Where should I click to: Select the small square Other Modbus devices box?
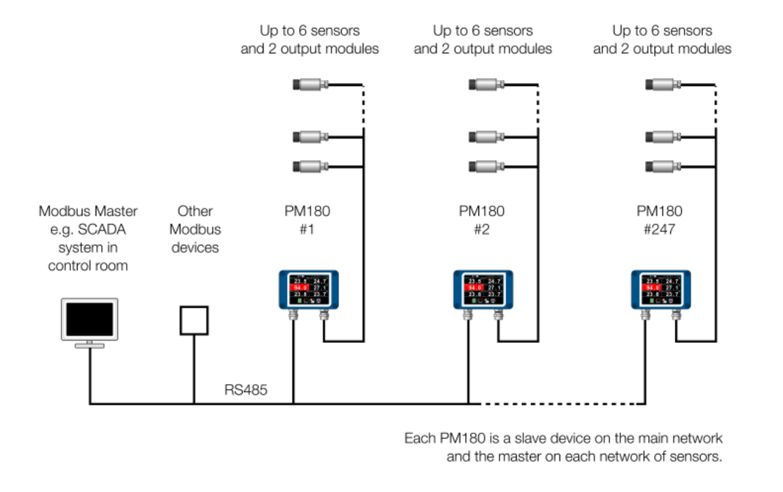[194, 321]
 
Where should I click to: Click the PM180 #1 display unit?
[309, 290]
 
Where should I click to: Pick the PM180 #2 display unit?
[483, 290]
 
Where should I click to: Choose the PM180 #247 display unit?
[662, 290]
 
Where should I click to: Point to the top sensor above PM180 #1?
[309, 84]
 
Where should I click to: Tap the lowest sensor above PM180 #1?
[309, 165]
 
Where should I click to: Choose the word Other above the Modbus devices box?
[195, 211]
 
